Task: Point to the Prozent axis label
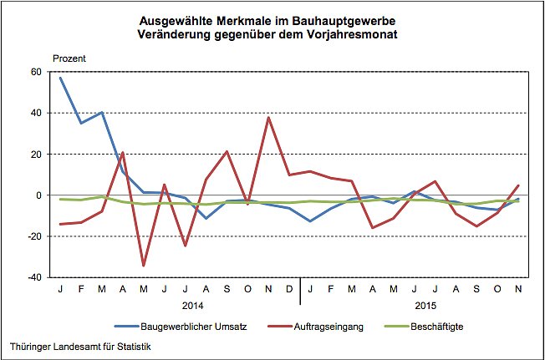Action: pos(69,58)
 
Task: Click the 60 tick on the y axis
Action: pos(35,72)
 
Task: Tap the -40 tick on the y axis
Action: pos(33,277)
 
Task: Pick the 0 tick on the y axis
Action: pos(38,195)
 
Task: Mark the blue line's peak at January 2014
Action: pos(60,78)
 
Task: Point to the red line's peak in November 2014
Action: pos(268,117)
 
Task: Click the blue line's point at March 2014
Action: pos(102,112)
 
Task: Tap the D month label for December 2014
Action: pos(289,290)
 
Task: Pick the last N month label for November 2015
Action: pos(517,290)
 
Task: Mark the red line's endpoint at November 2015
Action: pos(517,185)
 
